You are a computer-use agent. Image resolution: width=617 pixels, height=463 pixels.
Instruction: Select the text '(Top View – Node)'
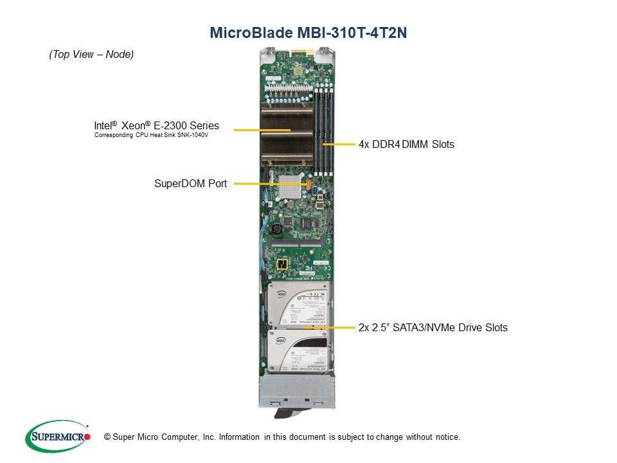point(91,55)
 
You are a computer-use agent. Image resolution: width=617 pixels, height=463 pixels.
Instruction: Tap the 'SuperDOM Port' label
point(190,183)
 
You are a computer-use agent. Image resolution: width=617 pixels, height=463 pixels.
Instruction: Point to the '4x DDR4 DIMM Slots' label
point(406,144)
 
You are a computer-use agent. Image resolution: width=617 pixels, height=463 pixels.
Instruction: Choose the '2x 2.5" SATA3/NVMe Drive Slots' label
point(433,327)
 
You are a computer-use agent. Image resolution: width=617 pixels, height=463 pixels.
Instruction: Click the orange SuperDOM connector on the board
point(309,185)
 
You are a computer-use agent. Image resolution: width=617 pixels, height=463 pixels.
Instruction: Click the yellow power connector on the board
point(282,264)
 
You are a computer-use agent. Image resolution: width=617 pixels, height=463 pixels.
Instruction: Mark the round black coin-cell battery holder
point(276,230)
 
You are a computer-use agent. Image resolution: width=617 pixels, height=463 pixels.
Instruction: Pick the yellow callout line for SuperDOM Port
point(270,184)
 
